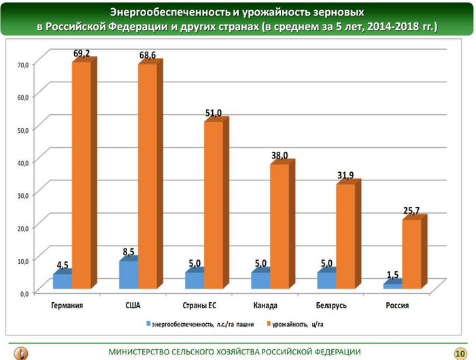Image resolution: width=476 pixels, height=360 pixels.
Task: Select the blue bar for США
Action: (129, 274)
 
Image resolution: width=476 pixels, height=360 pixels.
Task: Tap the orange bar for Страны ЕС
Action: (214, 204)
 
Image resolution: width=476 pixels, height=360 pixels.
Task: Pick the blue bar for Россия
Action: (392, 287)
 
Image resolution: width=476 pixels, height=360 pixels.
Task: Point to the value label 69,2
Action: (82, 52)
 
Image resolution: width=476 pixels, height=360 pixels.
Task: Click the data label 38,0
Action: (279, 156)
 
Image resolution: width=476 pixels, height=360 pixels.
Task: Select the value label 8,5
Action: (129, 252)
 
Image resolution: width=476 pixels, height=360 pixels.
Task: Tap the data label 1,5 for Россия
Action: (392, 274)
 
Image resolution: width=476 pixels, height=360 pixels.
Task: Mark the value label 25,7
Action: (411, 211)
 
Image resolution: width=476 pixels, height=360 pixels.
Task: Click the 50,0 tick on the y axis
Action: (22, 129)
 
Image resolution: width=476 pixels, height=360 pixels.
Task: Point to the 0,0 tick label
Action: (24, 293)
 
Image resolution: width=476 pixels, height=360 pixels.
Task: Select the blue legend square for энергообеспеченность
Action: (146, 324)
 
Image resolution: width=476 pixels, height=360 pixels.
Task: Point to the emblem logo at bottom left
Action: (21, 352)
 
